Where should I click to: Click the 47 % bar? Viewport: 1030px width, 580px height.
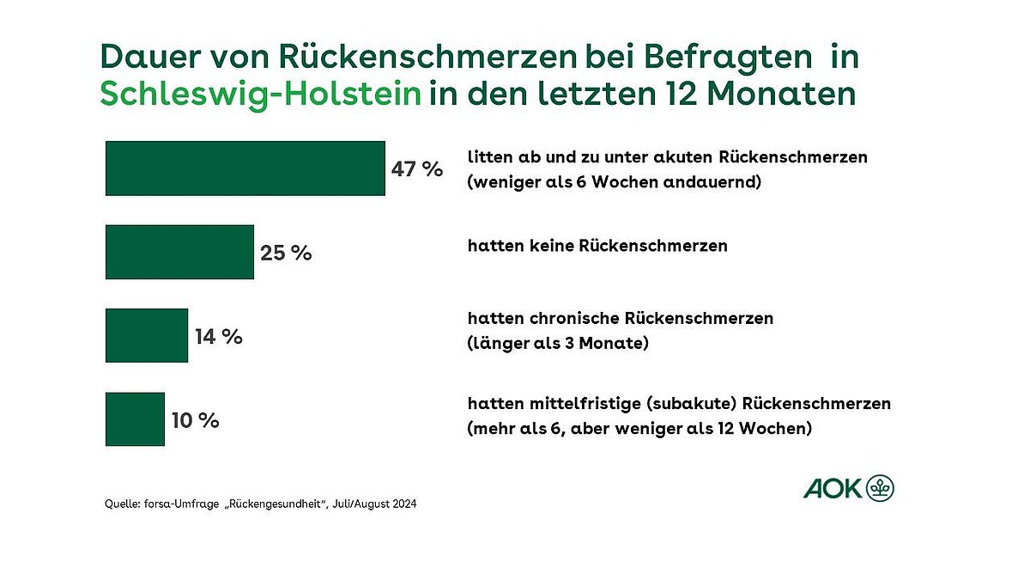(245, 168)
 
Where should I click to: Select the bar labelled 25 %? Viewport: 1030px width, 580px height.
(179, 252)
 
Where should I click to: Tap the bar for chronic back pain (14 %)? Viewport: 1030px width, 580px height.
(146, 335)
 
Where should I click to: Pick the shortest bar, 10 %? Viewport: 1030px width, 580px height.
(135, 419)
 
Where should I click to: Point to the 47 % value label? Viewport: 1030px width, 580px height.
(417, 169)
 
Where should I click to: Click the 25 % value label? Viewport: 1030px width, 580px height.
(286, 253)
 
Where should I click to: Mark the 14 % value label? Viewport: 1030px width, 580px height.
(219, 337)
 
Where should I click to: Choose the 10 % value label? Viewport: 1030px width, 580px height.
(196, 421)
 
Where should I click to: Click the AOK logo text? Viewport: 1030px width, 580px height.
(832, 489)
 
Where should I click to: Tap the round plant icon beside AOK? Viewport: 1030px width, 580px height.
(880, 488)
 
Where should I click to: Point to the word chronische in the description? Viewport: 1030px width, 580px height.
(579, 318)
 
